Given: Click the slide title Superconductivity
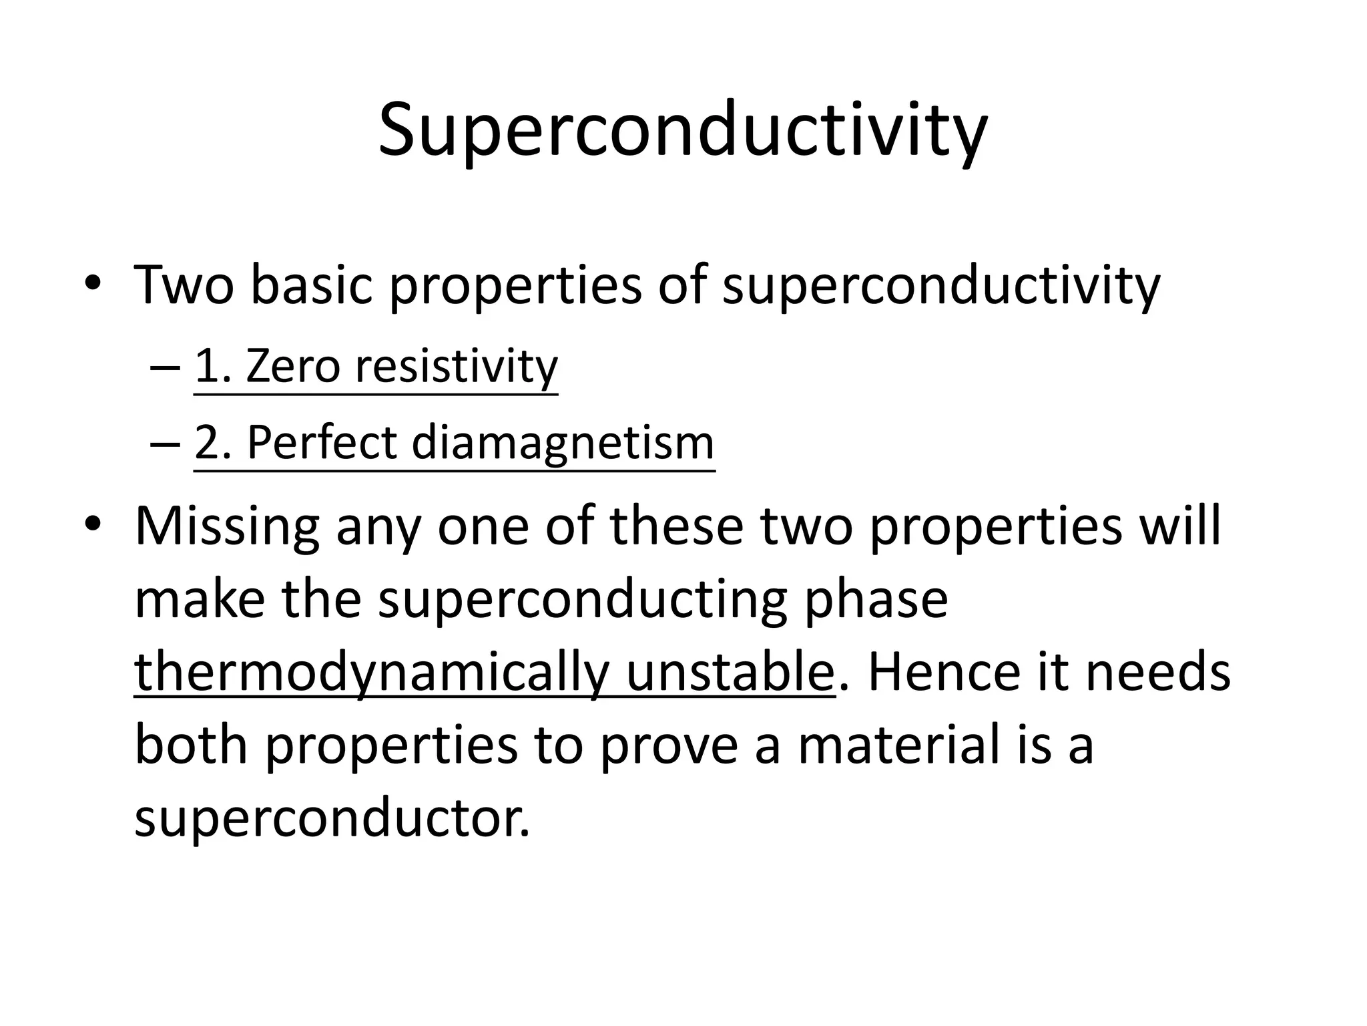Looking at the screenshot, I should [x=682, y=130].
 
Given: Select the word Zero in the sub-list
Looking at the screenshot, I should [x=293, y=367].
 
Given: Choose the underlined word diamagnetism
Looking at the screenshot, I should [x=563, y=442].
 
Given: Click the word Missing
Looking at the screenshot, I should [x=228, y=526].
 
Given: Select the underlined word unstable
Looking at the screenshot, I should [x=730, y=672].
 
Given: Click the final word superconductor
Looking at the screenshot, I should [x=332, y=819].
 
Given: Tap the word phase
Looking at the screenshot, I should [x=876, y=599].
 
